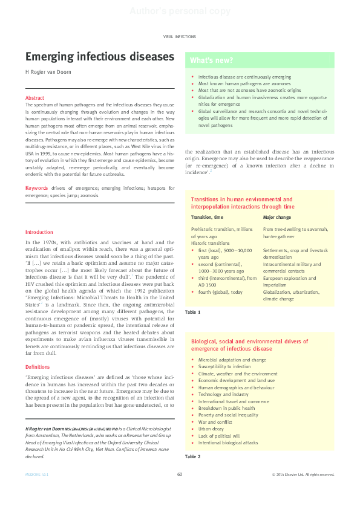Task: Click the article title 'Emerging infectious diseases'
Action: coord(99,57)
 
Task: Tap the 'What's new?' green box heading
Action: coord(212,60)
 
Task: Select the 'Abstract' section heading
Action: coord(34,98)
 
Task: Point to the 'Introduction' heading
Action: coord(39,232)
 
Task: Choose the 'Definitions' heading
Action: coord(38,367)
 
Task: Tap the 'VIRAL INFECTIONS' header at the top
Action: coord(180,37)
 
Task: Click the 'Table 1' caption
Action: coord(192,311)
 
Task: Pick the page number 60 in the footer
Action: coord(180,475)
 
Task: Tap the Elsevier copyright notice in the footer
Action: coord(303,475)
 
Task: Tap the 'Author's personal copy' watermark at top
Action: coord(180,11)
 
